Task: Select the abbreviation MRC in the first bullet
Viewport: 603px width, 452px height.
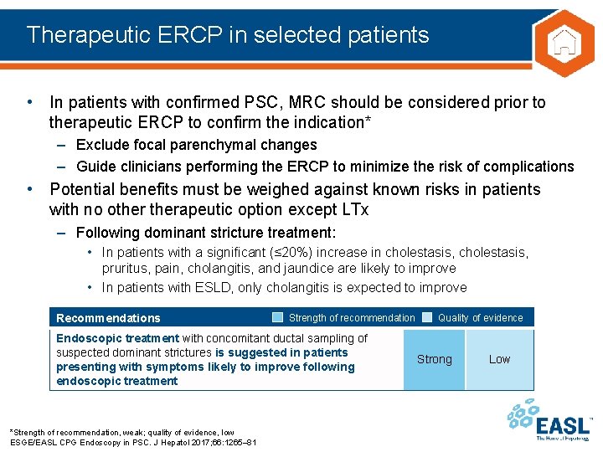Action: click(x=305, y=103)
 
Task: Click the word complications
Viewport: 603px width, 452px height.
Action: click(x=527, y=166)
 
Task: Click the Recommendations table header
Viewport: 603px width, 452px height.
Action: click(x=108, y=318)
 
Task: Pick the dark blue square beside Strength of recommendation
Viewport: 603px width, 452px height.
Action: click(x=277, y=317)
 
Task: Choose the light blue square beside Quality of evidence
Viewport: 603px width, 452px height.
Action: click(x=426, y=317)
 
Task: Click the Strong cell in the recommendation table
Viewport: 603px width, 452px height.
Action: click(x=434, y=359)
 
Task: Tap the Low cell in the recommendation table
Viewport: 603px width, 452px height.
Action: click(x=499, y=359)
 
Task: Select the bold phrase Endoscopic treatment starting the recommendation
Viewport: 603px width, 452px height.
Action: click(x=116, y=338)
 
